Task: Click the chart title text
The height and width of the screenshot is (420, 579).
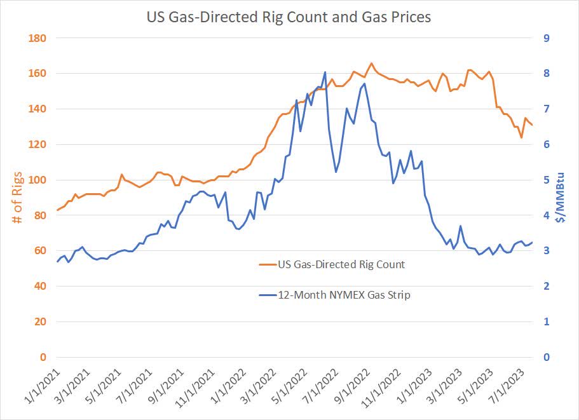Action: coord(289,17)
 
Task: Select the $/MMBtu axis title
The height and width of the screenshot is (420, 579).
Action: coord(560,197)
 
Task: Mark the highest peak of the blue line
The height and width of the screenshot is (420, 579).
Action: coord(325,72)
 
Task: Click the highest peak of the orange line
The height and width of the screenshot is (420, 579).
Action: coord(371,63)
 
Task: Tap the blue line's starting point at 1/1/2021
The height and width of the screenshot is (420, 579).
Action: coord(57,262)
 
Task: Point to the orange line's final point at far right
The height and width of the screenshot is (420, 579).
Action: coord(532,125)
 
